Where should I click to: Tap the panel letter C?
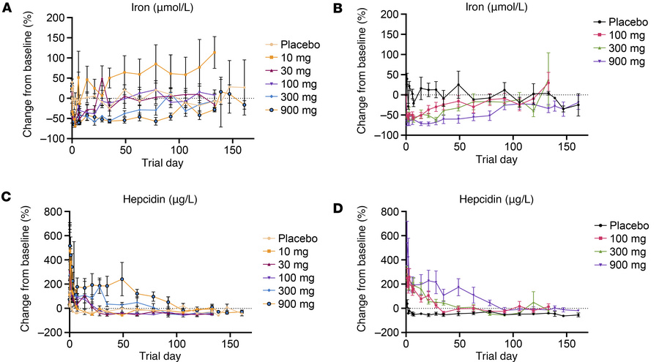pos(7,196)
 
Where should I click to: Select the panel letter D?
pos(338,196)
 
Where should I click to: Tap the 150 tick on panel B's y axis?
pos(392,34)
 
